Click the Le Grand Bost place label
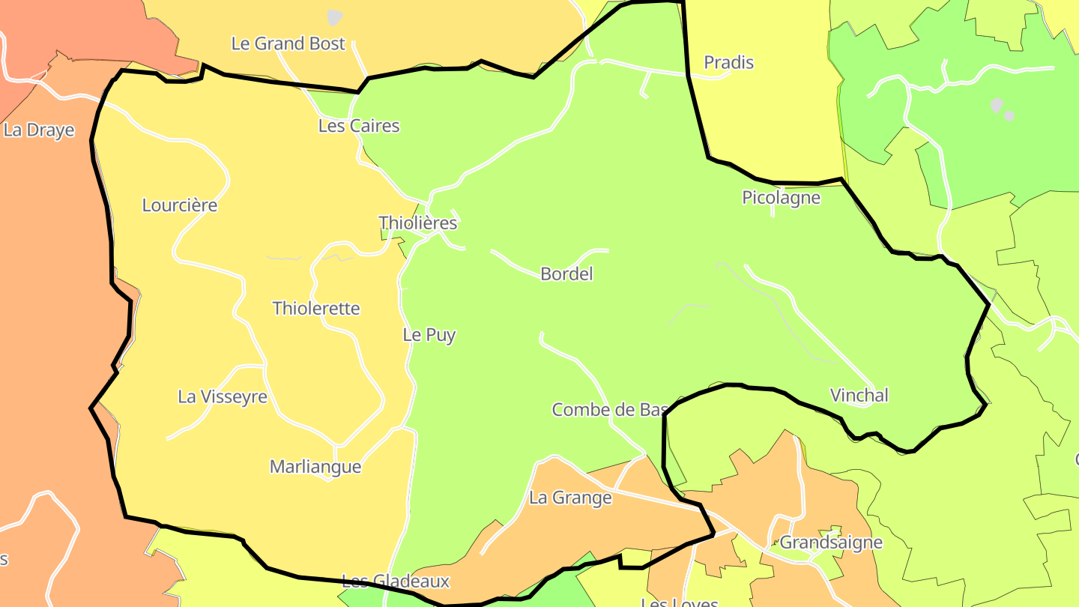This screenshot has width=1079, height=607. coord(288,43)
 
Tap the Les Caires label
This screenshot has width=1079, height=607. coord(359,126)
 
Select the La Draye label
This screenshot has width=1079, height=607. coord(39,130)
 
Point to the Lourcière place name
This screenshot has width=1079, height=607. coord(180,205)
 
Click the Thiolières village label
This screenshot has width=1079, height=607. coord(418,223)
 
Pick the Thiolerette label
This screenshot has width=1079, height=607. coord(316,308)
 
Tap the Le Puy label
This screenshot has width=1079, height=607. coord(429,335)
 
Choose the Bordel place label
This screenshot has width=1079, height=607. coord(566,274)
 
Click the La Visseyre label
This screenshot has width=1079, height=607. coord(223,396)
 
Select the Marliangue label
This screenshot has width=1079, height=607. coord(315,467)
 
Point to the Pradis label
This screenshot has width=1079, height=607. coord(728,63)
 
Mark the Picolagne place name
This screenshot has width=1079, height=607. coord(781,198)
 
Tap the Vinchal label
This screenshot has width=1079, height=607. coord(859,395)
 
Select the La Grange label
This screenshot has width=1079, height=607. coord(570,498)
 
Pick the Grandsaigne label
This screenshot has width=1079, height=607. coord(831,543)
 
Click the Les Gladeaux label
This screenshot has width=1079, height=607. coord(396,581)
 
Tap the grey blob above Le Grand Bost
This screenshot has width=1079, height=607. coord(334,16)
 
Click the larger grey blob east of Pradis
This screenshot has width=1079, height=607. coord(996,106)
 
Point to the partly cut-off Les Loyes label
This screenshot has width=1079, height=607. coord(680,602)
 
